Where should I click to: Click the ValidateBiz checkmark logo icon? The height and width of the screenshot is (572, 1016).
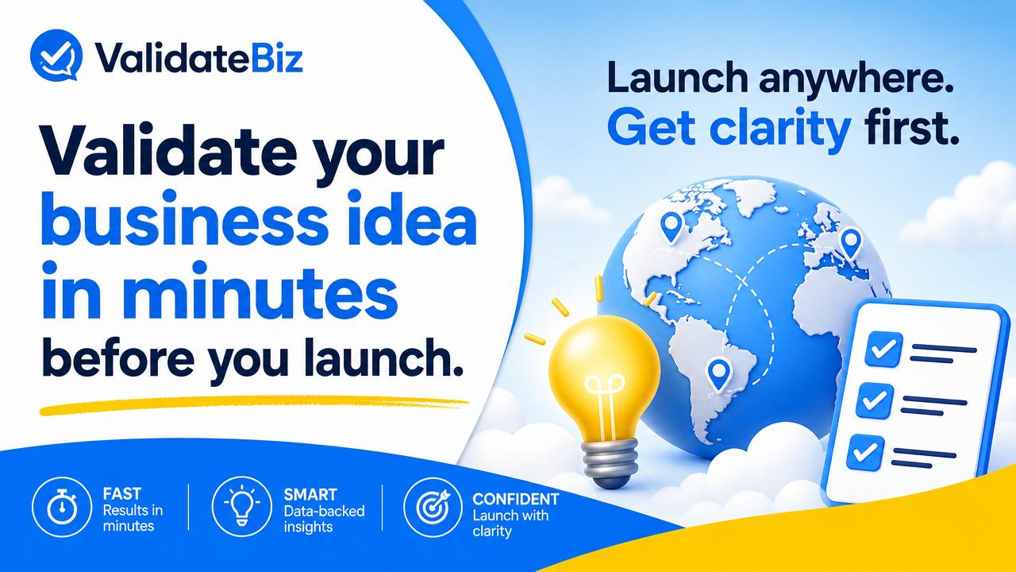point(56,55)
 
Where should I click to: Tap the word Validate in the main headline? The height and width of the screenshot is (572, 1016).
point(169,151)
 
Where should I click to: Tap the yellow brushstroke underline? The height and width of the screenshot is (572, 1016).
point(254,405)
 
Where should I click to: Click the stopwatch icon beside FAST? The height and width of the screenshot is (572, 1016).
point(62,507)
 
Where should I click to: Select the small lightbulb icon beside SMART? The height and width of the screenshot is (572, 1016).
point(241,506)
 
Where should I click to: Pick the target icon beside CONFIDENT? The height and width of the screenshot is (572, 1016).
point(433,507)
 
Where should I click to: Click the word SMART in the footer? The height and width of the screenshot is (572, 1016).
point(310,494)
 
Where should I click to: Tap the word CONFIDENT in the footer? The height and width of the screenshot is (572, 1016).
point(516,499)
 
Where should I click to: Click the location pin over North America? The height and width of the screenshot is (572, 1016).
point(672,227)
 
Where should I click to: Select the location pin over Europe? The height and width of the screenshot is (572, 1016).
point(851,243)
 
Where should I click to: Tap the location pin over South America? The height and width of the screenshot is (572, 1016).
point(719,374)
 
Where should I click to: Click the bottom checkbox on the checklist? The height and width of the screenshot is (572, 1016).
point(866,452)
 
